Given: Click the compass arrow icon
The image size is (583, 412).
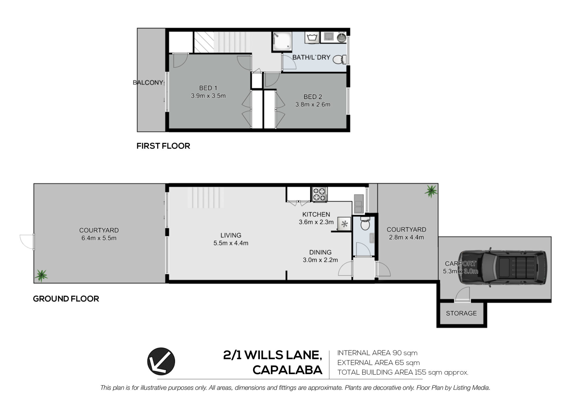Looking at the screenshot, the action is point(161,361).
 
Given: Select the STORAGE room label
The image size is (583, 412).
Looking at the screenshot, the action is point(461,313).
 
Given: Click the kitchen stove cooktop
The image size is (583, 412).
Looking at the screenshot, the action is point(320,194).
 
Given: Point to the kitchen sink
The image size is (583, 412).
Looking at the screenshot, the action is point(358,203).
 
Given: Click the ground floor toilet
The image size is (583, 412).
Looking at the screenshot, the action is point(364,224).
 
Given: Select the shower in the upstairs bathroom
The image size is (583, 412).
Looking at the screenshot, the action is point(282,41).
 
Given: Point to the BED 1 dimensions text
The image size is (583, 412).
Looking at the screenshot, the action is point(208,96).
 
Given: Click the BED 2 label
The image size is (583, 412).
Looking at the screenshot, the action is point(313,97).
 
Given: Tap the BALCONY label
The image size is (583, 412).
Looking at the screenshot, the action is point(148,83).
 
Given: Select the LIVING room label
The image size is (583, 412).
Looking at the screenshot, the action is point(231,235).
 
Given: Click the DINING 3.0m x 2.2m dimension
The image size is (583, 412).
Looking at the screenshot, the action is point(320,260).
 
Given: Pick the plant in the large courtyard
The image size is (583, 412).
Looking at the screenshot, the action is point(41,275).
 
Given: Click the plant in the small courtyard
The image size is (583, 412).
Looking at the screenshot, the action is point(431,191).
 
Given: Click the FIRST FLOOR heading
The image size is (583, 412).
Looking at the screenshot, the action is point(163,146).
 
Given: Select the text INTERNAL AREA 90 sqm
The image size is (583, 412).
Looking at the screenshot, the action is point(377,353).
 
